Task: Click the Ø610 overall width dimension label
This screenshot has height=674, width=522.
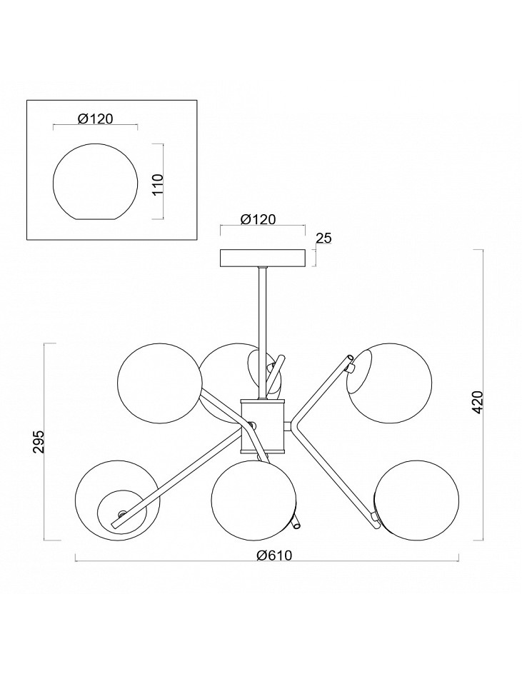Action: click(x=273, y=555)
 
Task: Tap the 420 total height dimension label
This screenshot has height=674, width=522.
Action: click(x=478, y=403)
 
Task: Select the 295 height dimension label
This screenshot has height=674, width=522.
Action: click(x=39, y=441)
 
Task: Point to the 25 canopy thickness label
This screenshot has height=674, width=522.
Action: click(x=323, y=238)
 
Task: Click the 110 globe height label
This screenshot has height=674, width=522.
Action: click(x=159, y=184)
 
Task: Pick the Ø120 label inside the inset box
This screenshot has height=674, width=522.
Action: click(x=96, y=119)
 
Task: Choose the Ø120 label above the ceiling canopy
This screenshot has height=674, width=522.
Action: click(x=258, y=219)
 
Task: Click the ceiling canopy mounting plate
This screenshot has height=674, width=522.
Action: click(x=263, y=258)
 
